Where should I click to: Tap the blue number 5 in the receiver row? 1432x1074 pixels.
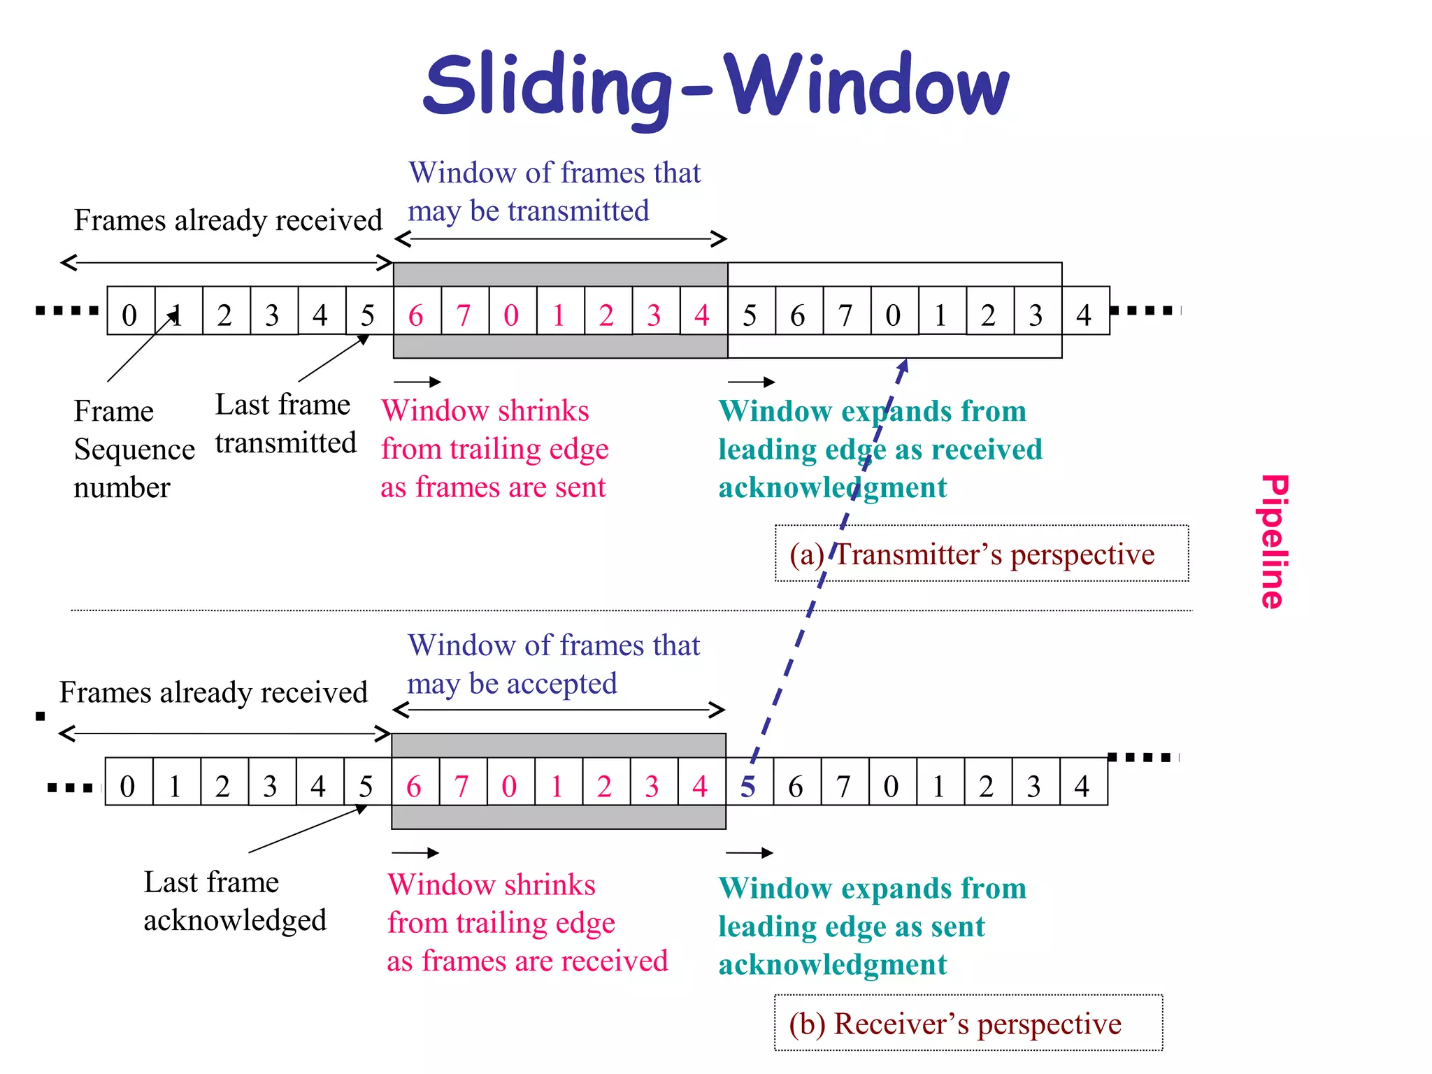(748, 787)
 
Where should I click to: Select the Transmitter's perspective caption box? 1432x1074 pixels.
(981, 554)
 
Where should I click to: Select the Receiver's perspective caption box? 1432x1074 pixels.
(968, 1024)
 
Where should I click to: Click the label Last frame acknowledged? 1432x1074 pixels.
(234, 901)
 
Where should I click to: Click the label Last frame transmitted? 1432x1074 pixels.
(285, 424)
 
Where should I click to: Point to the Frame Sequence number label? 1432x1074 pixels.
(133, 449)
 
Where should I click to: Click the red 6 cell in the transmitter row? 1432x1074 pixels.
(416, 315)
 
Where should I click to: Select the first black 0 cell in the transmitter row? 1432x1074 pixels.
(129, 315)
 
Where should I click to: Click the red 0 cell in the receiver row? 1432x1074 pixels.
(509, 787)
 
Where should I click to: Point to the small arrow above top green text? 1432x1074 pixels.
(751, 382)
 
